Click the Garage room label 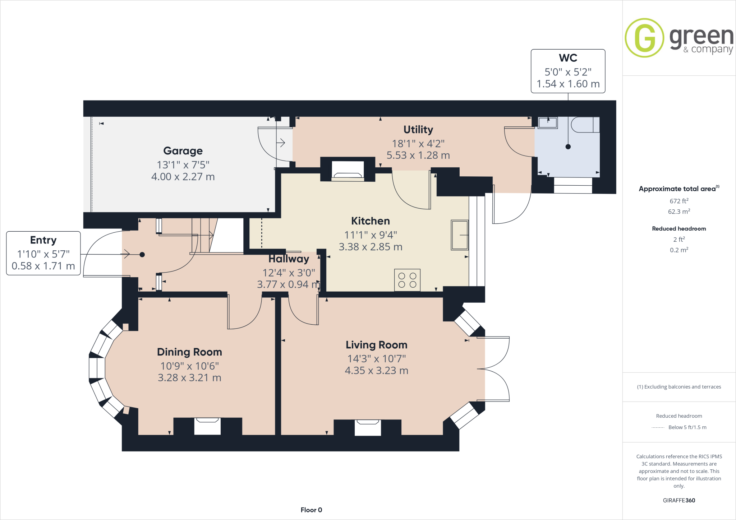(183, 151)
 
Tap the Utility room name (418, 130)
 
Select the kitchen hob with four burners (407, 280)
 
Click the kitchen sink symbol (460, 235)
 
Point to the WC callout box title (568, 58)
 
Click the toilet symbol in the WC (585, 125)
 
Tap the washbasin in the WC (548, 123)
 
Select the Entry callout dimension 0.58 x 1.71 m (43, 266)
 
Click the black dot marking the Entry (142, 255)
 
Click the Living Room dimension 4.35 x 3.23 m (376, 371)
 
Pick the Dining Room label (189, 352)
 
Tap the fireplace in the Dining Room (207, 426)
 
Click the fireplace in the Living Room (368, 427)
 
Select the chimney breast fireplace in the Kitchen (348, 170)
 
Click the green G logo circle (644, 38)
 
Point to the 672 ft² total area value (679, 201)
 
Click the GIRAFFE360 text (679, 500)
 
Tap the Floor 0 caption (311, 510)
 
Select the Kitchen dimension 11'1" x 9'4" (371, 235)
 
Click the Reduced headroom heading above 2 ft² (679, 229)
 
